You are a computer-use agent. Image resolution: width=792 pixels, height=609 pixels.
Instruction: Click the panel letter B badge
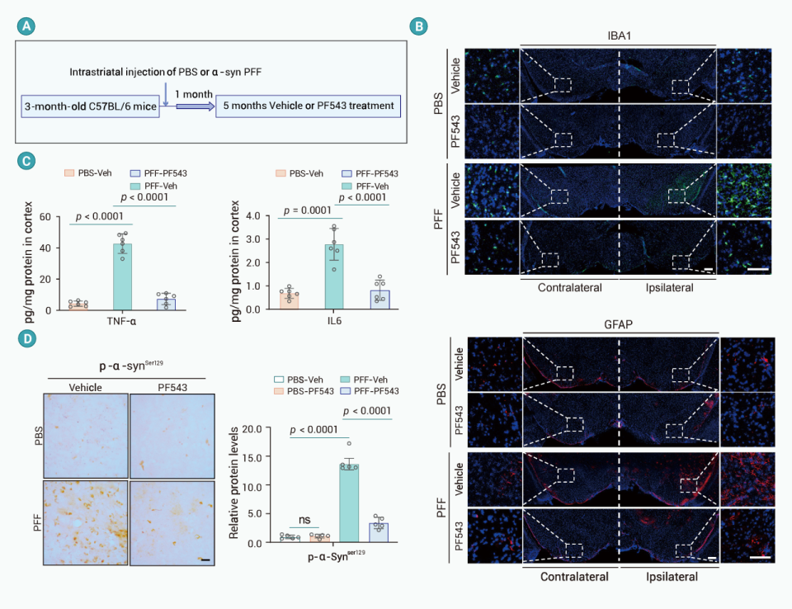point(419,26)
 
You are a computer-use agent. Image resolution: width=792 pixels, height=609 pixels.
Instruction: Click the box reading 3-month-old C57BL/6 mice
point(90,106)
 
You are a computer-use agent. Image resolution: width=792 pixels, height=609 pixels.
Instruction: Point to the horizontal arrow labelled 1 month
point(191,106)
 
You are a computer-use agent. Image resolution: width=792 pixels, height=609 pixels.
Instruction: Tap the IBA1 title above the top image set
point(619,35)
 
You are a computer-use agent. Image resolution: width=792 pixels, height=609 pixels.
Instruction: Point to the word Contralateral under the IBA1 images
point(569,288)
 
